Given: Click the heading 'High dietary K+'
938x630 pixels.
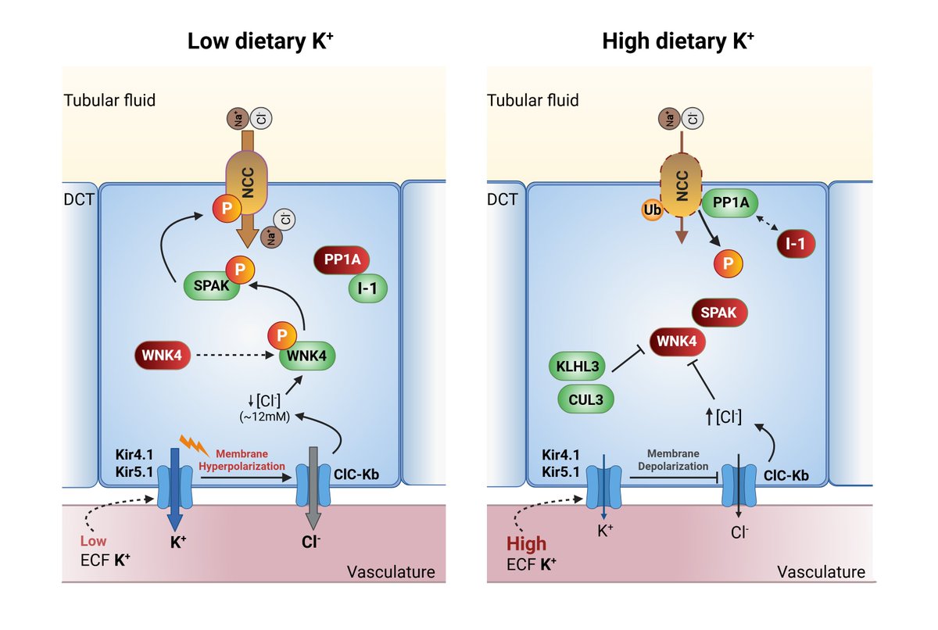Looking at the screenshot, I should tap(678, 41).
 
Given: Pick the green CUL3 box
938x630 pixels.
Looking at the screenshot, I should tap(585, 399).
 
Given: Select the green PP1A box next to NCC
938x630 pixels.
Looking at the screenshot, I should tap(731, 202).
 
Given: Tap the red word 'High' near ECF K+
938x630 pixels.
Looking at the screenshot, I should tap(526, 544).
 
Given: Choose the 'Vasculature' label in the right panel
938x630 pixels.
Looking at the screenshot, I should tap(821, 572).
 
